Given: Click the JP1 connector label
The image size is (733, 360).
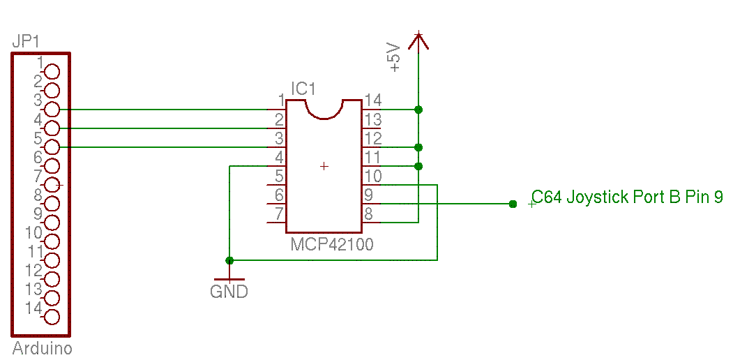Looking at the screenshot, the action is pyautogui.click(x=26, y=42).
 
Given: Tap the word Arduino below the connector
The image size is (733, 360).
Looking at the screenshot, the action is pyautogui.click(x=42, y=348).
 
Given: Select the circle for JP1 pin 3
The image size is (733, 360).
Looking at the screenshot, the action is pyautogui.click(x=52, y=110).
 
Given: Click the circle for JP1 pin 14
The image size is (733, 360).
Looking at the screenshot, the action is pyautogui.click(x=52, y=317).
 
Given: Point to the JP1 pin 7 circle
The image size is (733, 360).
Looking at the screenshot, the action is pyautogui.click(x=52, y=185).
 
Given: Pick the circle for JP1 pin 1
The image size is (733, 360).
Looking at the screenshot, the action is pyautogui.click(x=52, y=72).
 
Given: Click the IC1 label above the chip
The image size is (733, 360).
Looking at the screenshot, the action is pyautogui.click(x=303, y=89).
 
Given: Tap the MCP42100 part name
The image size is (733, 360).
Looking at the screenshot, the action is pyautogui.click(x=332, y=244).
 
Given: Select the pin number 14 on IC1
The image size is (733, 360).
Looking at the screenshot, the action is pyautogui.click(x=372, y=100).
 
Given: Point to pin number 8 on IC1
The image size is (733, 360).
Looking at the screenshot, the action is pyautogui.click(x=368, y=214).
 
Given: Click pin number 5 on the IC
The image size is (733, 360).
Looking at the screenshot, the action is pyautogui.click(x=279, y=177).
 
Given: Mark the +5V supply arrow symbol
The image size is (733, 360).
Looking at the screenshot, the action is pyautogui.click(x=418, y=40).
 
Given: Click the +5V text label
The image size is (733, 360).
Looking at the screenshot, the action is pyautogui.click(x=395, y=57).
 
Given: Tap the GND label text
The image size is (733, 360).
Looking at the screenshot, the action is pyautogui.click(x=229, y=292).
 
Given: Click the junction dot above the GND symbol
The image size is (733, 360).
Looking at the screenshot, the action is pyautogui.click(x=229, y=260).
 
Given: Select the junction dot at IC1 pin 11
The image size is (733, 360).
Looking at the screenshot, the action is pyautogui.click(x=418, y=166).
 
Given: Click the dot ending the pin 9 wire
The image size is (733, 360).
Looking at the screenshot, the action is pyautogui.click(x=513, y=204).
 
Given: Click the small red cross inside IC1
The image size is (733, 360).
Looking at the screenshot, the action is pyautogui.click(x=324, y=166).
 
